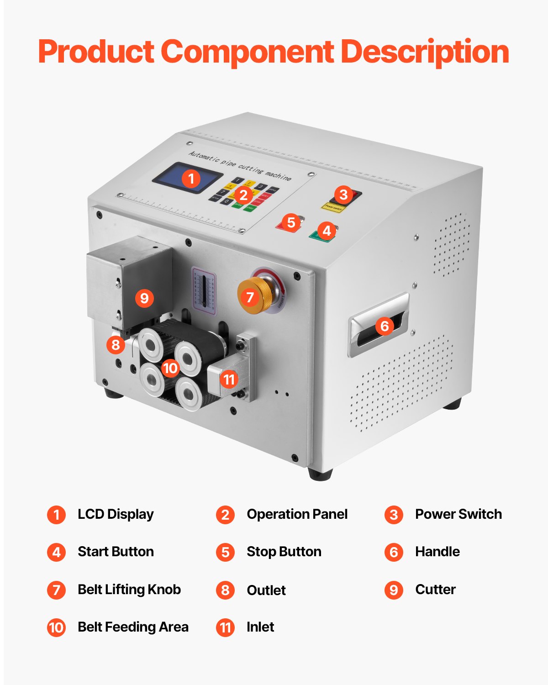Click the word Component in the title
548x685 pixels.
pyautogui.click(x=247, y=52)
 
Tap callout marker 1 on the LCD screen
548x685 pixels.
pyautogui.click(x=191, y=179)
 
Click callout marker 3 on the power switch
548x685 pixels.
pyautogui.click(x=343, y=195)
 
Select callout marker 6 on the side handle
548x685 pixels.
pyautogui.click(x=385, y=326)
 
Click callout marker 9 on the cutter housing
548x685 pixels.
pyautogui.click(x=144, y=298)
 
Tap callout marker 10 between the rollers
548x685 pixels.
pyautogui.click(x=170, y=368)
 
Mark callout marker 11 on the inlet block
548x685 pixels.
pyautogui.click(x=229, y=379)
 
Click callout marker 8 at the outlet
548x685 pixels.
pyautogui.click(x=116, y=344)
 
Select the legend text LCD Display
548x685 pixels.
pyautogui.click(x=116, y=514)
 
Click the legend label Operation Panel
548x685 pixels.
pyautogui.click(x=297, y=514)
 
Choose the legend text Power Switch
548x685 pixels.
pyautogui.click(x=458, y=514)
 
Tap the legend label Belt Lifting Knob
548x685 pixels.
pyautogui.click(x=129, y=590)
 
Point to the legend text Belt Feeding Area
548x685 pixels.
pyautogui.click(x=133, y=627)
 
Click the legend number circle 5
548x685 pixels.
pyautogui.click(x=225, y=552)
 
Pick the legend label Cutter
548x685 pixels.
pyautogui.click(x=435, y=590)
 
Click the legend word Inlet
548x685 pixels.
pyautogui.click(x=260, y=627)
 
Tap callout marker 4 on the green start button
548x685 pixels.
pyautogui.click(x=327, y=231)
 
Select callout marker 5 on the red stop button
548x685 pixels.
pyautogui.click(x=291, y=222)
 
